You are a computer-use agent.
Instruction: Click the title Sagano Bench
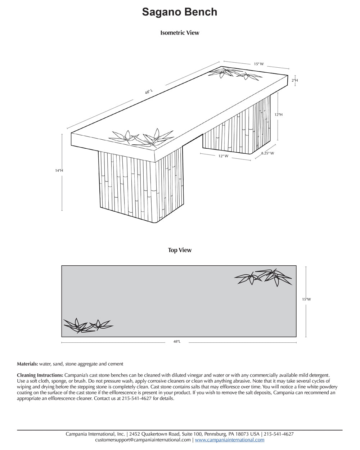(x=180, y=12)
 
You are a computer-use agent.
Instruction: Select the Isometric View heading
(x=180, y=33)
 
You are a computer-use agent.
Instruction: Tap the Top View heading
(x=180, y=250)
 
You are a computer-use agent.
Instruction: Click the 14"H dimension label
(x=59, y=171)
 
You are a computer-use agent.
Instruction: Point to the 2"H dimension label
(x=294, y=80)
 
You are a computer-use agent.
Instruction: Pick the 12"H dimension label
(x=278, y=114)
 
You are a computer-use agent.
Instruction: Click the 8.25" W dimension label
(x=267, y=153)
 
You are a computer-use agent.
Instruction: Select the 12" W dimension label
(x=223, y=156)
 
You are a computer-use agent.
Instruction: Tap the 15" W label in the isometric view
(x=258, y=64)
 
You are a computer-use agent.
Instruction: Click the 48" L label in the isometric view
(x=149, y=92)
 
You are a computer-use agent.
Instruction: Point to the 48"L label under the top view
(x=176, y=341)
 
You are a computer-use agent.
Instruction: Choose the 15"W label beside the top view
(x=306, y=299)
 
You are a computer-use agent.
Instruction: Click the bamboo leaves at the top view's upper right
(x=264, y=276)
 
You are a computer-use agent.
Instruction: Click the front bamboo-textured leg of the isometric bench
(x=140, y=185)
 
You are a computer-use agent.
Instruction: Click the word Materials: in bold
(x=27, y=364)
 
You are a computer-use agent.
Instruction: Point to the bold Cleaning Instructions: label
(x=40, y=375)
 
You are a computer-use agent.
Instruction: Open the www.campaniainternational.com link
(x=229, y=440)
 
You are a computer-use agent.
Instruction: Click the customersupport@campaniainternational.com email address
(x=143, y=440)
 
